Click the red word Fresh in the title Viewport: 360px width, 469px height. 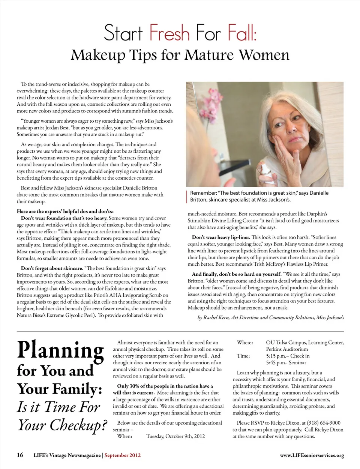coord(169,33)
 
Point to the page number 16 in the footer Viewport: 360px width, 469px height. coord(20,455)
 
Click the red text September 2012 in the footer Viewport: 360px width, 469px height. coord(123,455)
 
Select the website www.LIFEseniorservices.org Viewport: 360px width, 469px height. coord(312,455)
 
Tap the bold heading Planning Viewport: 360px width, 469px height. coord(60,350)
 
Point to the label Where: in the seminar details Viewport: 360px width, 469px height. coord(245,343)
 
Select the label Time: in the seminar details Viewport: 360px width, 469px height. coord(243,356)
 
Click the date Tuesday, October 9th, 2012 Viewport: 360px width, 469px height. coord(175,436)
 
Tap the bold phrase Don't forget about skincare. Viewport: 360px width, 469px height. coord(52,268)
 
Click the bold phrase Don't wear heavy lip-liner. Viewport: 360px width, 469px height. coord(221,237)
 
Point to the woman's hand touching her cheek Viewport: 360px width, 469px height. coord(285,150)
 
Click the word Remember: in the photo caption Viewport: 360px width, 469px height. coord(203,193)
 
